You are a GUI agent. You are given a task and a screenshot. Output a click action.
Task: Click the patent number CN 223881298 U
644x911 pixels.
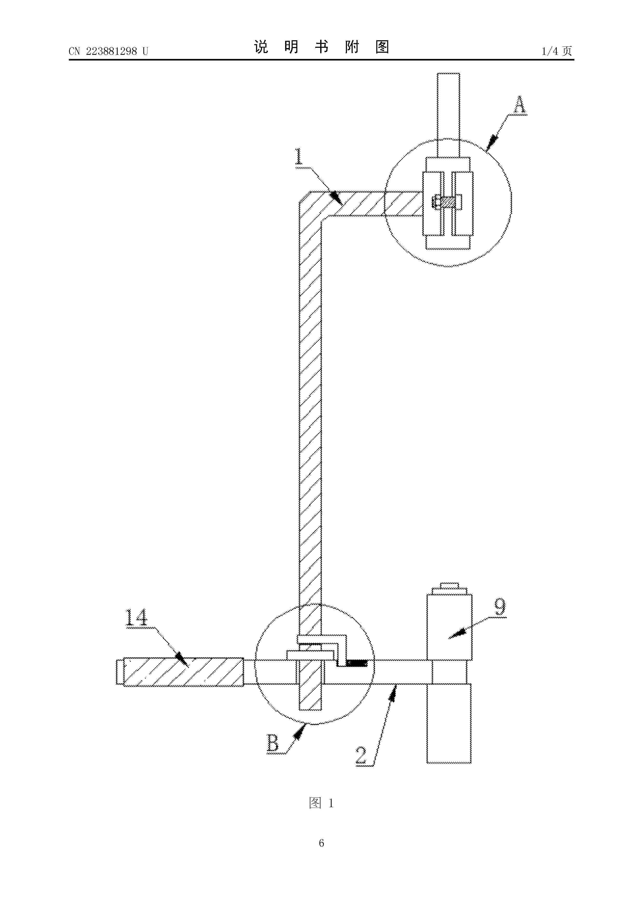tap(108, 51)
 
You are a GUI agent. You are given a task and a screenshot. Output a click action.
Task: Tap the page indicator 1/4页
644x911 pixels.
tap(557, 51)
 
